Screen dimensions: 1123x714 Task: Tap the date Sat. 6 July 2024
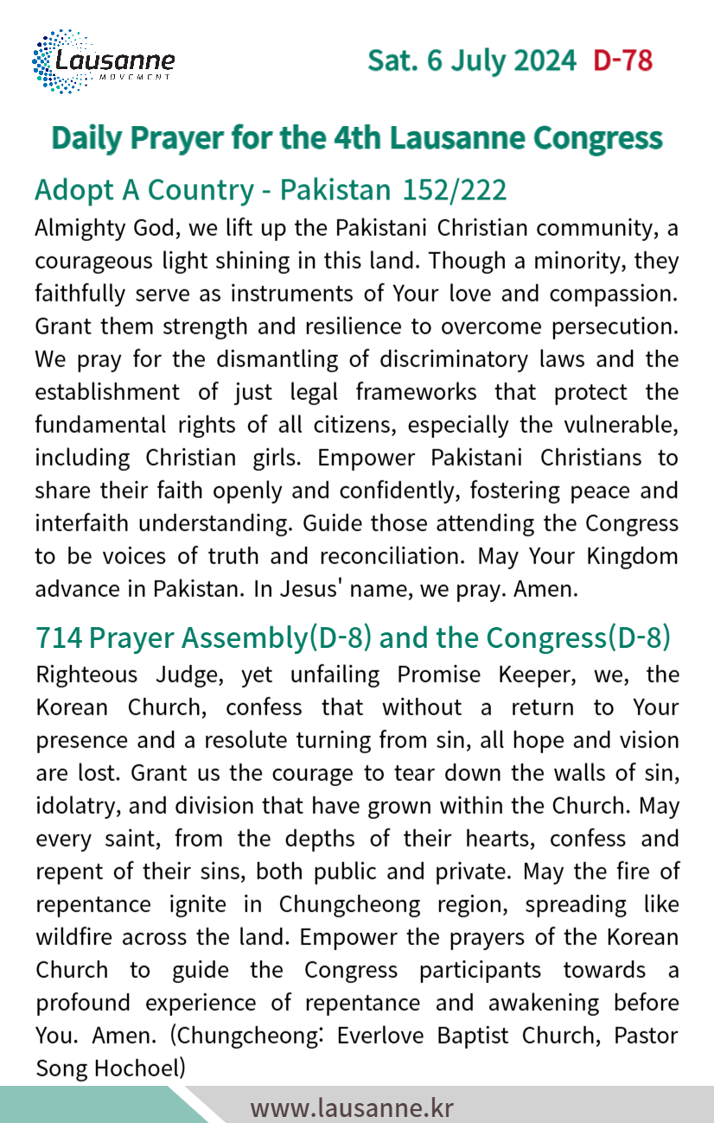(472, 61)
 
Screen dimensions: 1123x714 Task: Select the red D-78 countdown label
(622, 61)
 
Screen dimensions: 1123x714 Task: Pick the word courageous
(94, 262)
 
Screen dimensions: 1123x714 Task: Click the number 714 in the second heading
(59, 638)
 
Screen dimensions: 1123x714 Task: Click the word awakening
(536, 1003)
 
